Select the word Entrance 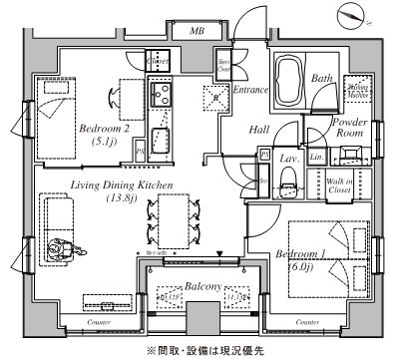tap(250, 90)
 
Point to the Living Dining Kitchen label tap(123, 186)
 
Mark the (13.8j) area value tap(123, 199)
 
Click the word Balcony tap(199, 284)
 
